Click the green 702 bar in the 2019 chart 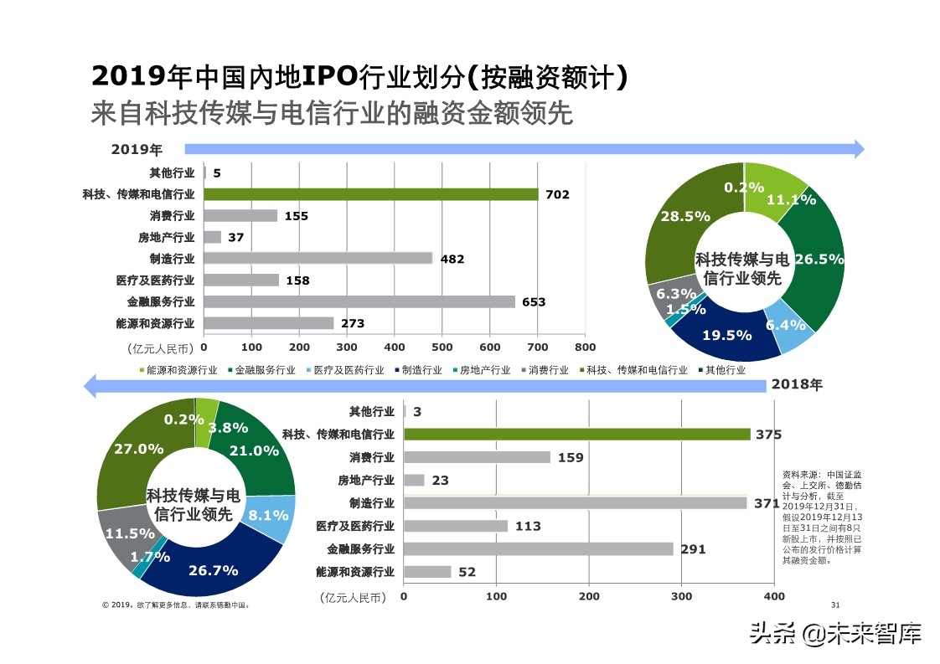(370, 194)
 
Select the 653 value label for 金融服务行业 (534, 302)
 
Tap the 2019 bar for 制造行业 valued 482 (318, 259)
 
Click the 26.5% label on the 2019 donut (819, 260)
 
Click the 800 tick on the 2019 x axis (585, 347)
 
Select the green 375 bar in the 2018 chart (576, 434)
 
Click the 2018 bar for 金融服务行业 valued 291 (538, 549)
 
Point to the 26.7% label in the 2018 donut (213, 570)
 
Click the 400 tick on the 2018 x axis (774, 596)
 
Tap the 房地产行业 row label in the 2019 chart (172, 238)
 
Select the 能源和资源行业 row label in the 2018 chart (355, 573)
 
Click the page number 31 (834, 605)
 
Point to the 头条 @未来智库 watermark (835, 634)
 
